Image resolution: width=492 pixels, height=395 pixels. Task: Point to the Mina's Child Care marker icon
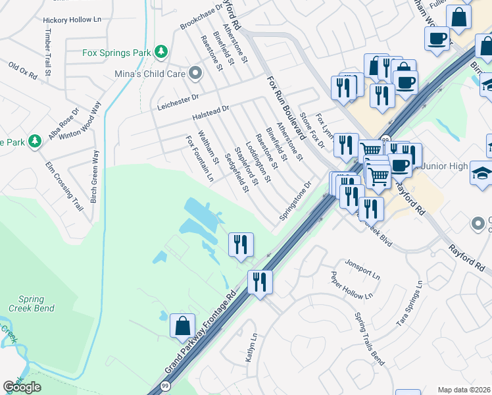195,74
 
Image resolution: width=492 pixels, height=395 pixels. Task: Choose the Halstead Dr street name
210,113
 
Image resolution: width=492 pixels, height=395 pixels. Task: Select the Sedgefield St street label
237,173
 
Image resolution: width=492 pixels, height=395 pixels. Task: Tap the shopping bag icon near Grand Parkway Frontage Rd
182,326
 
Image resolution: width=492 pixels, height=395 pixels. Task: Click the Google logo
22,387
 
